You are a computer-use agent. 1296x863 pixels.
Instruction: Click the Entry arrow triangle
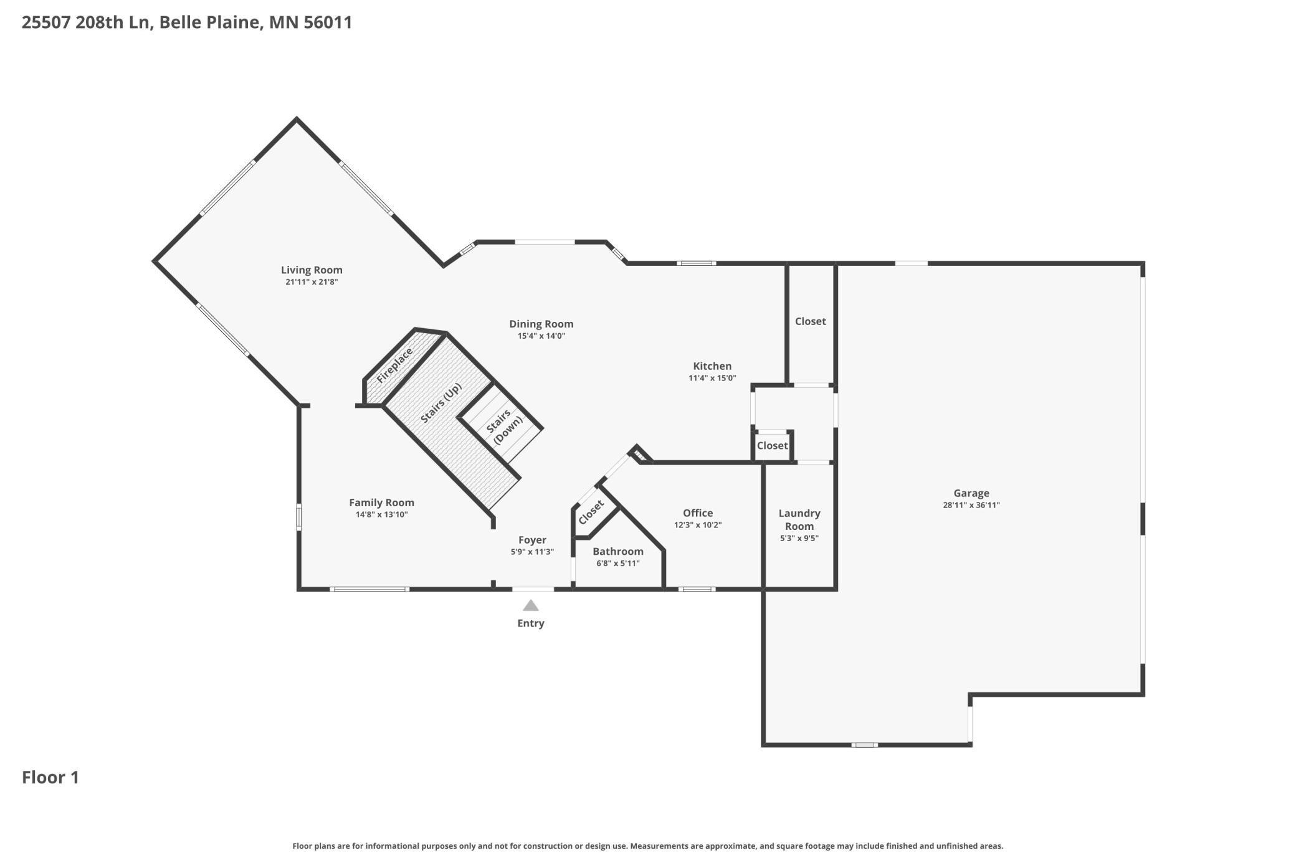[530, 605]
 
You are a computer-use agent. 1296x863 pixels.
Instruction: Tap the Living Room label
[312, 270]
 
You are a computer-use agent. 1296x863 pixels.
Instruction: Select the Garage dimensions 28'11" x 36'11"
[971, 505]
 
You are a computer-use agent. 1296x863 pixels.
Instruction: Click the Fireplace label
[394, 365]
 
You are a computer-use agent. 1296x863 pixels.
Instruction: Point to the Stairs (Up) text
[441, 403]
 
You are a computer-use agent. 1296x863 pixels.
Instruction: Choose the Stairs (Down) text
[503, 426]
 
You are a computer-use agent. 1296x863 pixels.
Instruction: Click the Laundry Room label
[799, 519]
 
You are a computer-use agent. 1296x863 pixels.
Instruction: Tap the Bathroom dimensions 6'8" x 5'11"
[617, 564]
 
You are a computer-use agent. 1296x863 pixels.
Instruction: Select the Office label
[698, 512]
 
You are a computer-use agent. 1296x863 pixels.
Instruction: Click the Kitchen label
[712, 365]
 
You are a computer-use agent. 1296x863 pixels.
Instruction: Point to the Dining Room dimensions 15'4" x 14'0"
[541, 336]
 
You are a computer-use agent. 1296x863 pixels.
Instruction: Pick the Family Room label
[381, 502]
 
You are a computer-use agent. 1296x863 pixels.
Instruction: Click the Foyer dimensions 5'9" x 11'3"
[532, 552]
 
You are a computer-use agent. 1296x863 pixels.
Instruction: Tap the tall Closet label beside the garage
[810, 321]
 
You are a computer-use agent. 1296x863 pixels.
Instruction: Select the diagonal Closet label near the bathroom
[591, 512]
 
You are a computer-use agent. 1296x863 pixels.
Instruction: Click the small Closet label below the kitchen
[772, 445]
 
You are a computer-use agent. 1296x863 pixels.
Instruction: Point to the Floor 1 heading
[50, 777]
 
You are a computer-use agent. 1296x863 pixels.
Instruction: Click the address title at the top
[187, 22]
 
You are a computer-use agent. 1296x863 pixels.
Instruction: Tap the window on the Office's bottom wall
[697, 589]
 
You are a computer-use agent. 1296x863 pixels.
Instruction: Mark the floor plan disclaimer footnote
[648, 846]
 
